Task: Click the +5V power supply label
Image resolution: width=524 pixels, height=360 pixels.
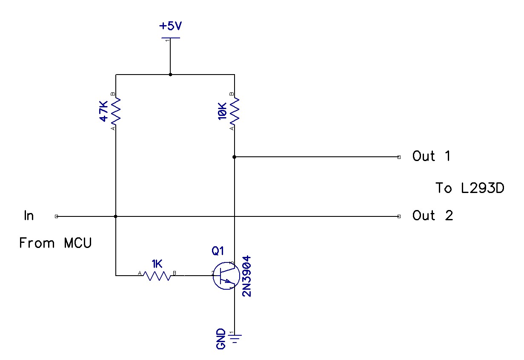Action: tap(170, 26)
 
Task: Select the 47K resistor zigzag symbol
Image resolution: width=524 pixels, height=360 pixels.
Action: tap(116, 111)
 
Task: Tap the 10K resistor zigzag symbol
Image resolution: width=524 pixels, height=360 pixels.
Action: tap(234, 111)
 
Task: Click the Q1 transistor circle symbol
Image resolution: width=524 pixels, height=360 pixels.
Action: tap(223, 276)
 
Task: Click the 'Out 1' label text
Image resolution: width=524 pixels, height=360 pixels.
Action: tap(431, 156)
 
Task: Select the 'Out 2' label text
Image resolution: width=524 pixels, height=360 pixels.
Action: tap(432, 216)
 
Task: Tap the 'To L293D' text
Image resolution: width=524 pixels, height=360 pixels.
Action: tap(470, 188)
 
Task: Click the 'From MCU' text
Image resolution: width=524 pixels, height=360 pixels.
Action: tap(55, 243)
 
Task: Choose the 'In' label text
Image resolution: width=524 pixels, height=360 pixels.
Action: tap(29, 216)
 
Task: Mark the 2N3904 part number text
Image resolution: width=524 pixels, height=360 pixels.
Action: tap(246, 276)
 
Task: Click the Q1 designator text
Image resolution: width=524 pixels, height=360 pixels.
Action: tap(218, 251)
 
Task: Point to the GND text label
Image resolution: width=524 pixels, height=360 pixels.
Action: tap(221, 339)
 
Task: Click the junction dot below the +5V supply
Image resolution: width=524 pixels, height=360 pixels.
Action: tap(170, 75)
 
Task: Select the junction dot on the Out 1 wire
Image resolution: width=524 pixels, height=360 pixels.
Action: tap(234, 157)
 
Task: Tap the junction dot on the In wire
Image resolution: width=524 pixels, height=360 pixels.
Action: tap(116, 216)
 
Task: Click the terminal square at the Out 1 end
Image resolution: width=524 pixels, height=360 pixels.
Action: tap(398, 157)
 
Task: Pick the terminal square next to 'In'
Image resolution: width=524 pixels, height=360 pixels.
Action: tap(57, 216)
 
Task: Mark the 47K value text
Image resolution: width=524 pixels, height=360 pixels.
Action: tap(103, 111)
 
